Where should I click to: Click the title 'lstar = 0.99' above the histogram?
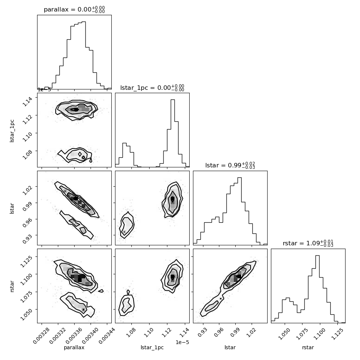230,165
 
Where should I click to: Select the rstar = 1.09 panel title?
308,243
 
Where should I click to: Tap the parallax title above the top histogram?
74,9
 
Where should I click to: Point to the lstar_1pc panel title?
152,88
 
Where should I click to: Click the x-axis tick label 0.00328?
41,336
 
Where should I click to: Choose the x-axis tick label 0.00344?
107,336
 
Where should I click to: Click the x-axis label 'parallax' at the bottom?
74,348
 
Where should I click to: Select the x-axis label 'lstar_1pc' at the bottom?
152,348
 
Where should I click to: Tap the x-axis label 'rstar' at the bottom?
308,347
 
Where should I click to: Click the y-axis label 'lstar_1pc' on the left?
12,131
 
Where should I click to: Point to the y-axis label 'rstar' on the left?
12,286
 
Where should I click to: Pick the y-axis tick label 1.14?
27,101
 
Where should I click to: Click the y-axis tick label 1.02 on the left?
27,190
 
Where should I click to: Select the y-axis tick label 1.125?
26,261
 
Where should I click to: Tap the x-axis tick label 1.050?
284,334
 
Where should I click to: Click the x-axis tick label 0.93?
203,333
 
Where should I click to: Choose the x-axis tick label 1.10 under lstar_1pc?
149,333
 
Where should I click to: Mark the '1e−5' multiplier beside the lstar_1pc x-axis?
182,342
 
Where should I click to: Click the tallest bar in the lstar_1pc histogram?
173,133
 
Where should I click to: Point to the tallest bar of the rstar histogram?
317,289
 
